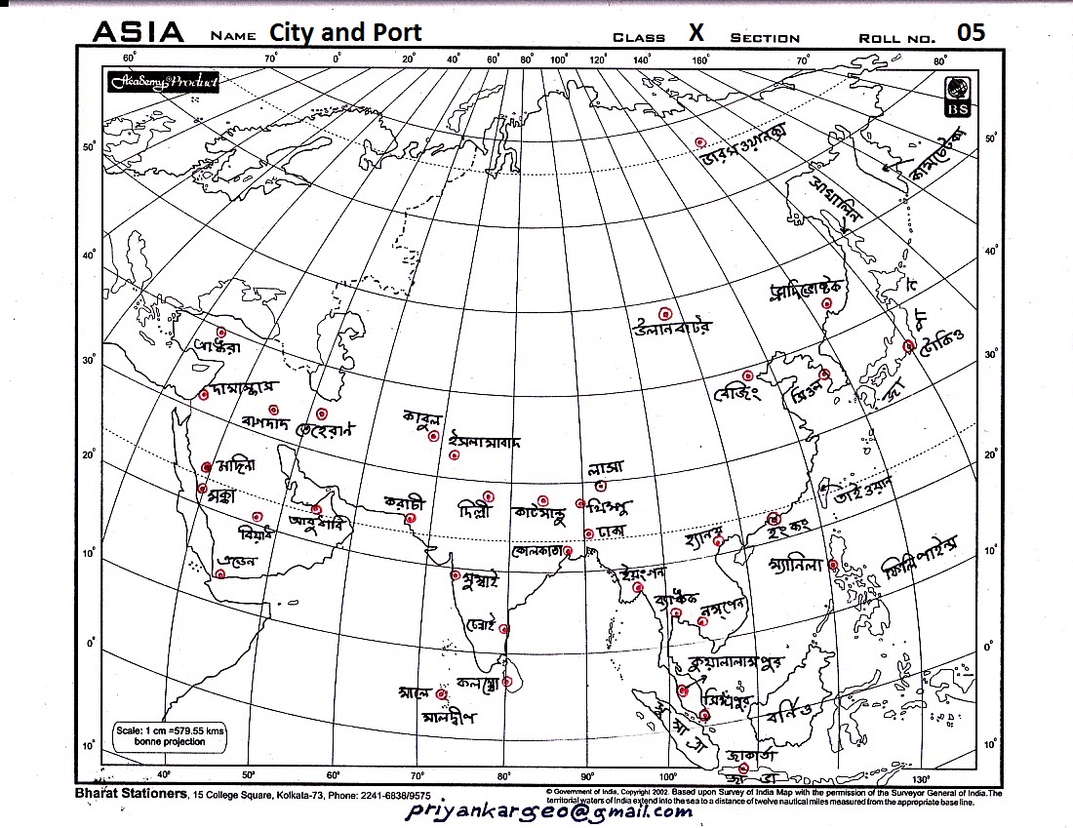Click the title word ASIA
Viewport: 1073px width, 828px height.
coord(138,32)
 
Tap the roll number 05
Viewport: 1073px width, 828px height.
coord(971,32)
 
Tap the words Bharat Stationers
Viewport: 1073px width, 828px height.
coord(131,793)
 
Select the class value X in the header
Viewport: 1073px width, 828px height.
coord(696,33)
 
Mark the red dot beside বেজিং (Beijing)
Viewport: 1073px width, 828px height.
coord(747,375)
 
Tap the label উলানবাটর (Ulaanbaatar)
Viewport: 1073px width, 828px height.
coord(673,328)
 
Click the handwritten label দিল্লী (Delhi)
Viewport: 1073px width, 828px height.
coord(478,510)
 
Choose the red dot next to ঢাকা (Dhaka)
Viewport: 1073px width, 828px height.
coord(588,533)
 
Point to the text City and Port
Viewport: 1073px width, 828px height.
coord(345,32)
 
